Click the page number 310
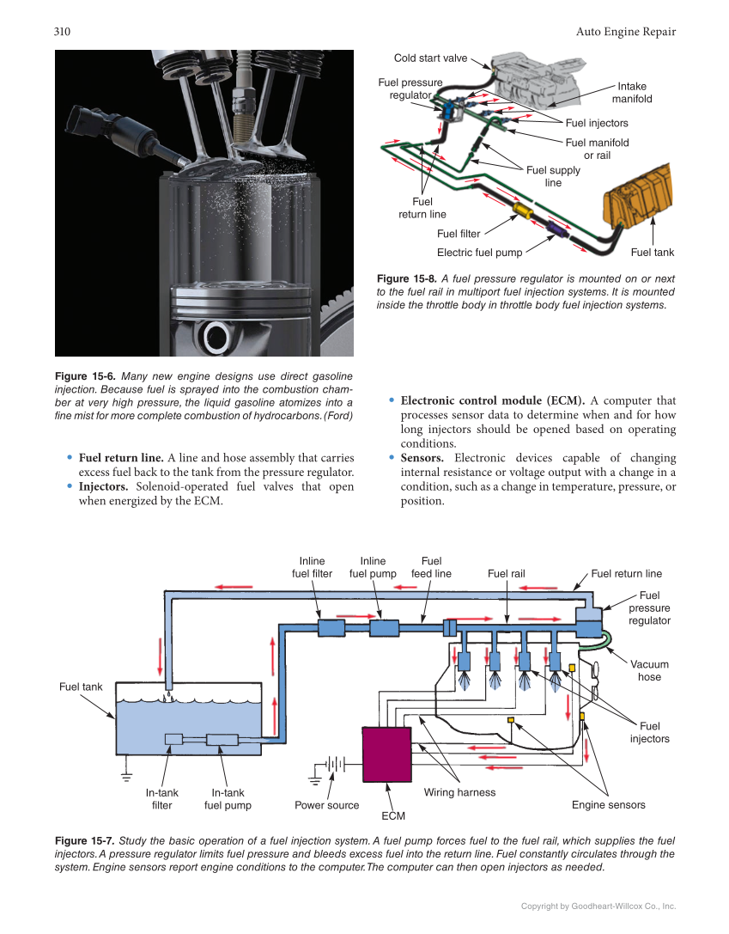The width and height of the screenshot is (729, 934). [x=62, y=32]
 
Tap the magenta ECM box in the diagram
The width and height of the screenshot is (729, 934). [x=387, y=753]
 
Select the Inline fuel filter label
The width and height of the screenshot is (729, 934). [x=312, y=567]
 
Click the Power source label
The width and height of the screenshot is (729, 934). [x=326, y=805]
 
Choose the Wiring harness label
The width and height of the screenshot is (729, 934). [x=459, y=792]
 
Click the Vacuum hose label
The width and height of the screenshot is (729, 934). [x=649, y=670]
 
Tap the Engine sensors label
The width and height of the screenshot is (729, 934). [x=608, y=805]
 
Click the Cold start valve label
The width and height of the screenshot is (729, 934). [x=430, y=58]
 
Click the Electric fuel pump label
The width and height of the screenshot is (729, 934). [x=479, y=253]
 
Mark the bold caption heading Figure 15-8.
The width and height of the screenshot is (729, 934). [x=409, y=279]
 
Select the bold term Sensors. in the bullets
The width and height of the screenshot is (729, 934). [x=422, y=458]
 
